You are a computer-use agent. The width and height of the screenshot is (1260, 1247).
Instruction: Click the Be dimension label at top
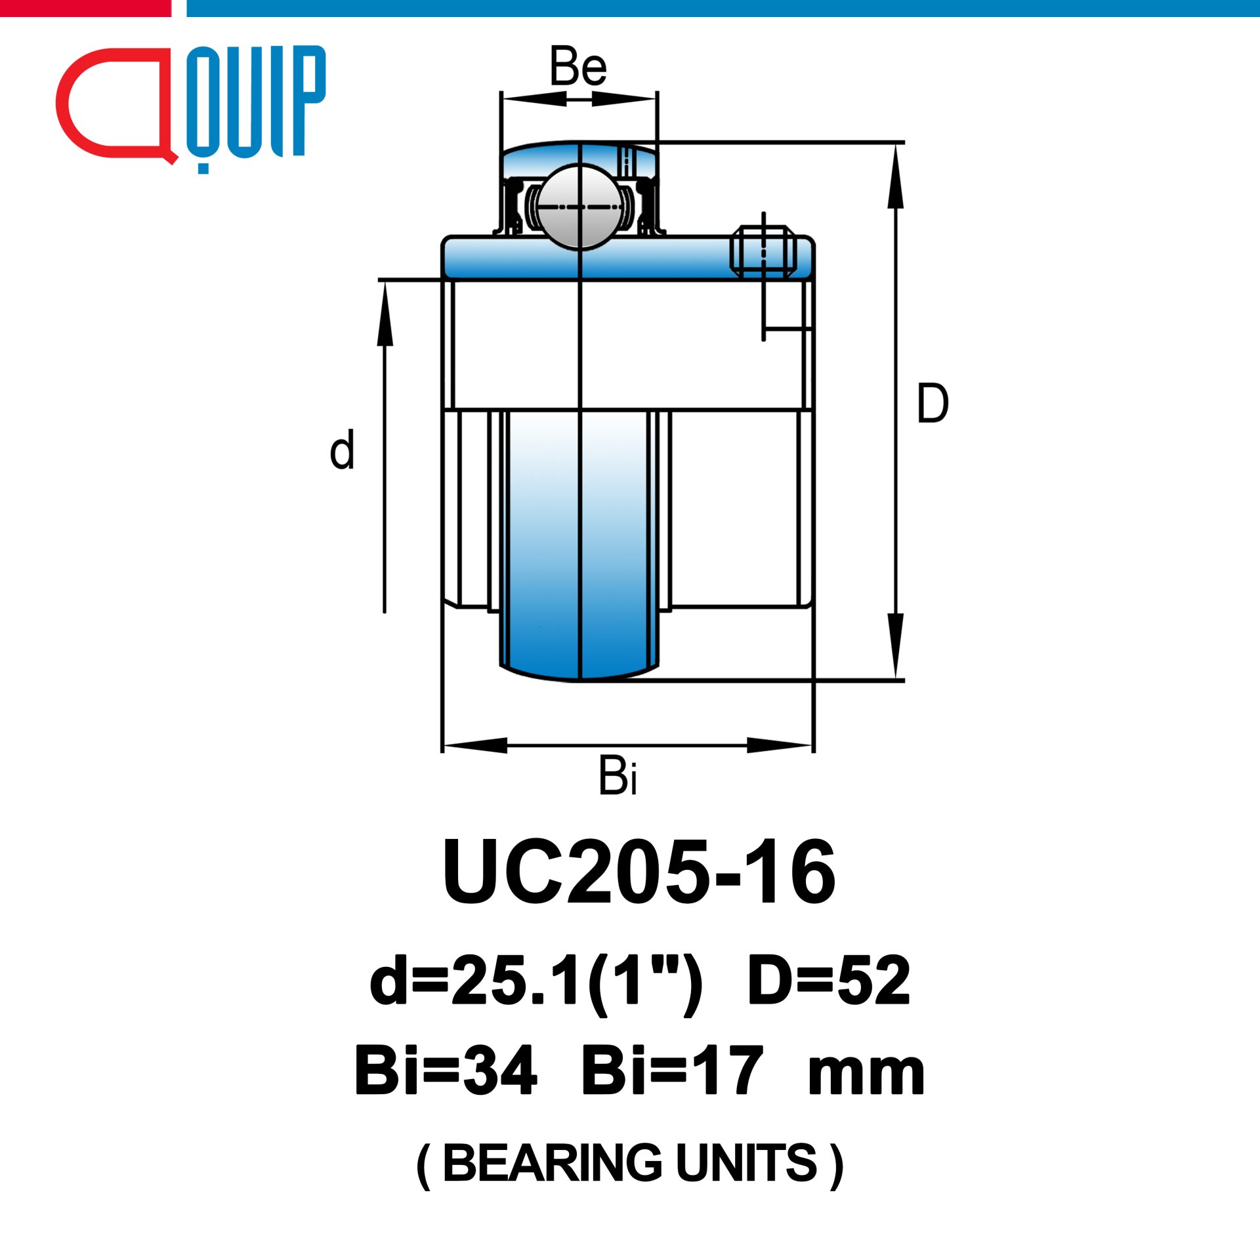point(578,67)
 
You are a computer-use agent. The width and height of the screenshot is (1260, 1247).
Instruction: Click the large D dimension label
point(932,403)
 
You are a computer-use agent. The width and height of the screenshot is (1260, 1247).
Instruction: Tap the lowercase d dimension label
point(342,450)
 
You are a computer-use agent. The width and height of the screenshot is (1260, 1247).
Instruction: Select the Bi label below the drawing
point(618,776)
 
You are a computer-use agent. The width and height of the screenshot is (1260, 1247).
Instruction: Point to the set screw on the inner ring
point(763,251)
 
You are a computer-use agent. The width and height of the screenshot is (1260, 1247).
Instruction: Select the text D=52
point(829,981)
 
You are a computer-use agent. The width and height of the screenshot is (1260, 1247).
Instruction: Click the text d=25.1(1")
point(535,981)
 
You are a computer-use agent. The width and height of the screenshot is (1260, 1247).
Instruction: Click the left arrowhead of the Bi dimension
point(474,746)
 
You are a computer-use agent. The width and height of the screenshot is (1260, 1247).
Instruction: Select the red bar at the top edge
point(85,8)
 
